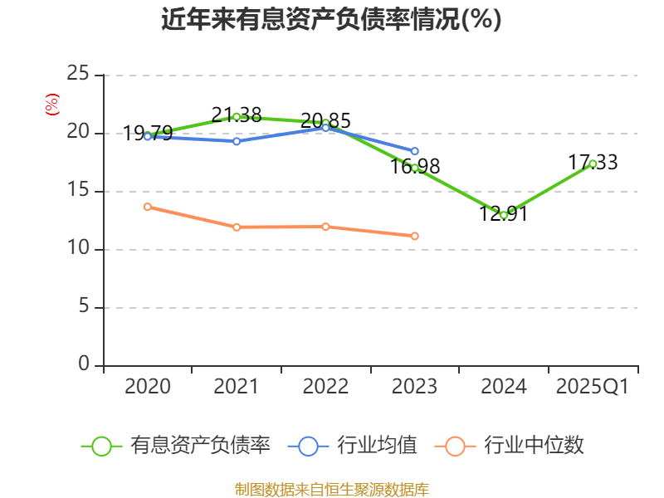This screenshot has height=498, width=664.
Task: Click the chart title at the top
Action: pos(331,19)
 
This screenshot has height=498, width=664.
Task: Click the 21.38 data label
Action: pos(237,115)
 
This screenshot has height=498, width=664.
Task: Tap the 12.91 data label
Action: pos(504,213)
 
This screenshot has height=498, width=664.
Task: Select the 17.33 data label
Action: pos(593,163)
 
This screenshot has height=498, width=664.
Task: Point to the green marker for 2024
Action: pos(504,215)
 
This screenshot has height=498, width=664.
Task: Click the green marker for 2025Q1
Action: pos(593,164)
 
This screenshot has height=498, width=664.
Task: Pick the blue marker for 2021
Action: pos(237,141)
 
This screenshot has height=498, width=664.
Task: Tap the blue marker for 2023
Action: pos(415,151)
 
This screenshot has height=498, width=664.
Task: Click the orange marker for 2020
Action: pos(148,207)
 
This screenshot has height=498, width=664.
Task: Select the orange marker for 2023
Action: pos(415,236)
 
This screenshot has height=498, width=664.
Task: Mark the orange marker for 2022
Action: pos(325,227)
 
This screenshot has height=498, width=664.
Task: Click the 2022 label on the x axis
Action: pos(325,386)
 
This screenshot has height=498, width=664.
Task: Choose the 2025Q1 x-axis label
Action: pos(593,386)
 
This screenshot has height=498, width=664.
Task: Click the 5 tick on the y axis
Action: pos(83,307)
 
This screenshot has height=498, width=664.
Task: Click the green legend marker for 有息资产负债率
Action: pos(101,446)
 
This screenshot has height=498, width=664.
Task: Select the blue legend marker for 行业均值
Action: pos(308,446)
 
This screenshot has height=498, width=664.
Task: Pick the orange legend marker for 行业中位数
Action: pos(455,446)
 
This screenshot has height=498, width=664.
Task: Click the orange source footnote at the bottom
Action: pos(331,489)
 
